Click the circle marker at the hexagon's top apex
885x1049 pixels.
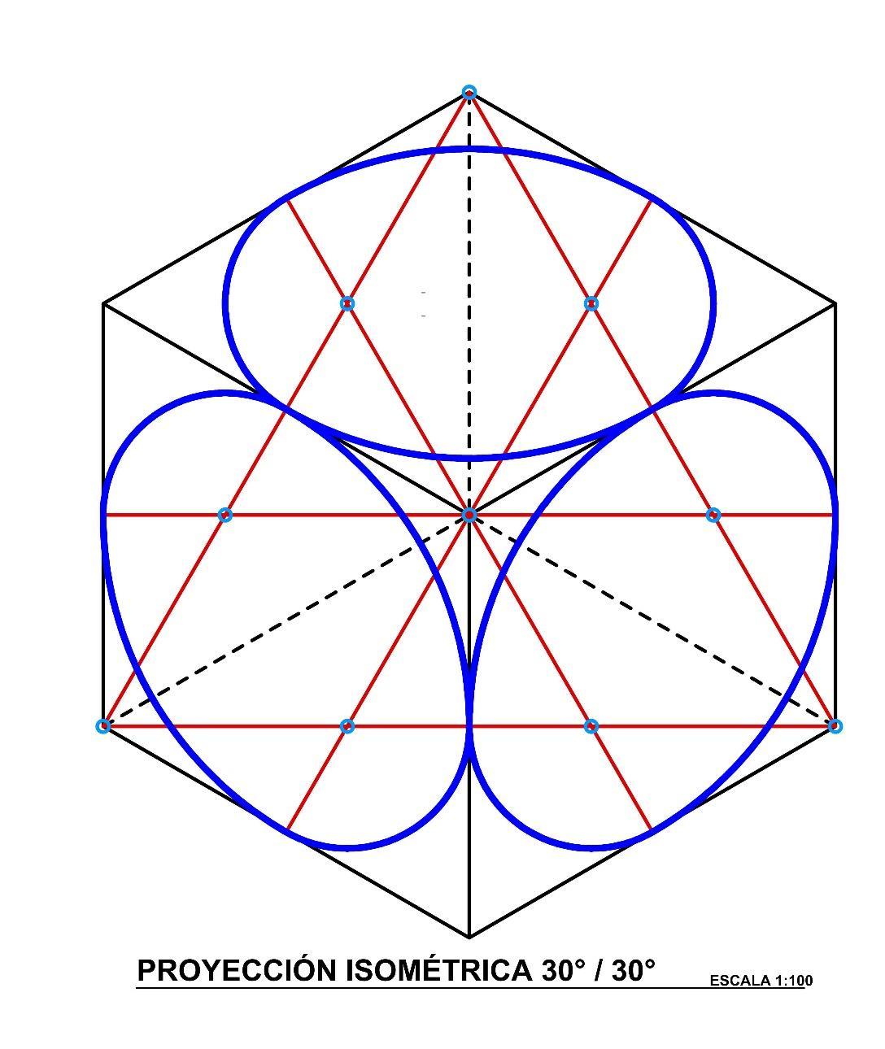pyautogui.click(x=469, y=93)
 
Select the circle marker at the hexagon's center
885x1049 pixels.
pyautogui.click(x=469, y=515)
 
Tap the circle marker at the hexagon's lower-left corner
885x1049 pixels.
pyautogui.click(x=103, y=725)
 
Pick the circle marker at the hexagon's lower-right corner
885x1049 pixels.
pyautogui.click(x=835, y=725)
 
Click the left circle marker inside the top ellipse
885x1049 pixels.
pyautogui.click(x=347, y=303)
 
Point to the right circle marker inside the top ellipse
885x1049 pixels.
pyautogui.click(x=591, y=303)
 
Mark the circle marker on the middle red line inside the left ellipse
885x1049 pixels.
pyautogui.click(x=225, y=515)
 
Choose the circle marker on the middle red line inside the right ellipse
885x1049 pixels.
pyautogui.click(x=713, y=515)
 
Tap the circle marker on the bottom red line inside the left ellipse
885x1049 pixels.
pyautogui.click(x=347, y=725)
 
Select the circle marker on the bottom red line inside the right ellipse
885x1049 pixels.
pyautogui.click(x=591, y=725)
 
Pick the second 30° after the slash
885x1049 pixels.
pyautogui.click(x=634, y=970)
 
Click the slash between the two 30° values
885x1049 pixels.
pyautogui.click(x=599, y=970)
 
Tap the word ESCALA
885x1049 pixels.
pyautogui.click(x=740, y=981)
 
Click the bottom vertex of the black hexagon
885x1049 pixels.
pyautogui.click(x=469, y=937)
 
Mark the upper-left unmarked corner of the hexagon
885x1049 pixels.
pyautogui.click(x=103, y=303)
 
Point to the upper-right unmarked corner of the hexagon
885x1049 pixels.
pyautogui.click(x=835, y=303)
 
